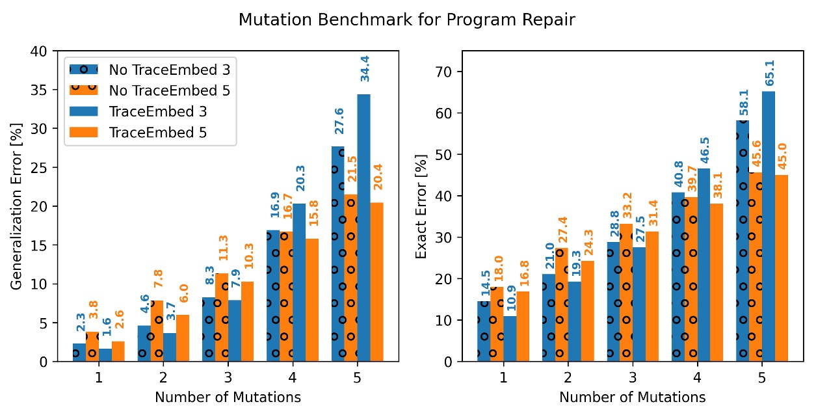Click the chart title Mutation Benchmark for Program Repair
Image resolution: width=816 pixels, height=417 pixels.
tap(407, 20)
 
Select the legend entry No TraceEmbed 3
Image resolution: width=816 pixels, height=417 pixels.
tap(169, 68)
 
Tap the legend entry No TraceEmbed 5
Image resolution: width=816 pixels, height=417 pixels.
tap(169, 90)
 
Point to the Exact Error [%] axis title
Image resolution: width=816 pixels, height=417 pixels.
tap(421, 206)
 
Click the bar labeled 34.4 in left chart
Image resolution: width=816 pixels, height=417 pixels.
tap(363, 228)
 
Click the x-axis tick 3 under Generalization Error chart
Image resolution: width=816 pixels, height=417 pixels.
tap(228, 377)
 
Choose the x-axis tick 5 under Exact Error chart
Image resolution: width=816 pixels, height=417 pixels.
tap(761, 377)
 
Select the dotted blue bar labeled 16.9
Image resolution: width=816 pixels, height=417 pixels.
tap(273, 296)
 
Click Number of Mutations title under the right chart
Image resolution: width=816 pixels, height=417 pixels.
tap(632, 396)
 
